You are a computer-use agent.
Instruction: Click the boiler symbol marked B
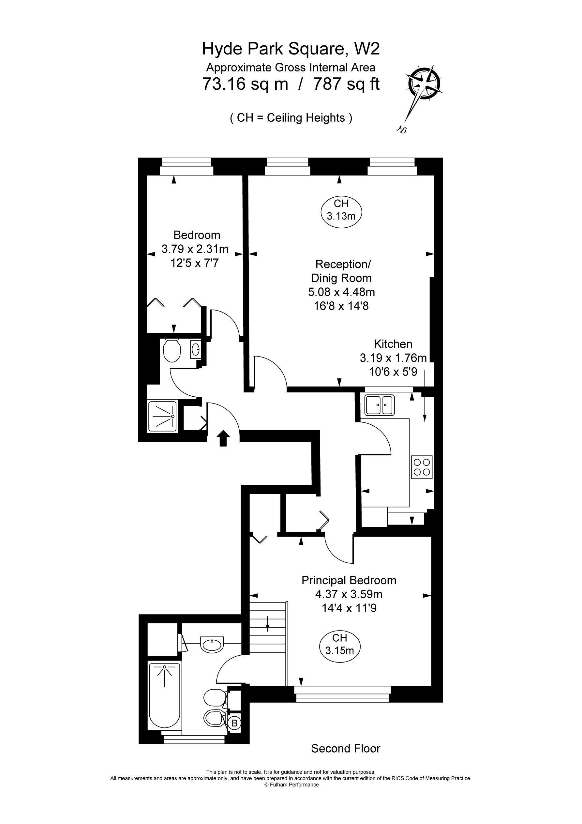(x=235, y=723)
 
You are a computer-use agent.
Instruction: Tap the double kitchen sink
(x=380, y=405)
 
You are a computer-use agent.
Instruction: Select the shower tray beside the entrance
(x=162, y=416)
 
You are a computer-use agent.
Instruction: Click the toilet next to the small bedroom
(x=172, y=350)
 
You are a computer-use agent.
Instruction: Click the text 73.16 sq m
(x=246, y=84)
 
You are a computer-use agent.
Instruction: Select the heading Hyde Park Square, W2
(x=291, y=49)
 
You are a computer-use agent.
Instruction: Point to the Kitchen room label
(x=393, y=344)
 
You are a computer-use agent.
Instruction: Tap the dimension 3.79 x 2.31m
(x=195, y=249)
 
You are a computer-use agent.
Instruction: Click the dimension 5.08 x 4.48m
(x=342, y=292)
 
